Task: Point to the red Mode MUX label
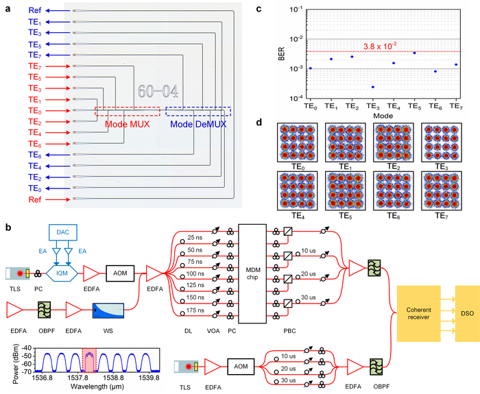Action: point(126,124)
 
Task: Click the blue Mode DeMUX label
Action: point(195,124)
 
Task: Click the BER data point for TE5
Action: point(415,53)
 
